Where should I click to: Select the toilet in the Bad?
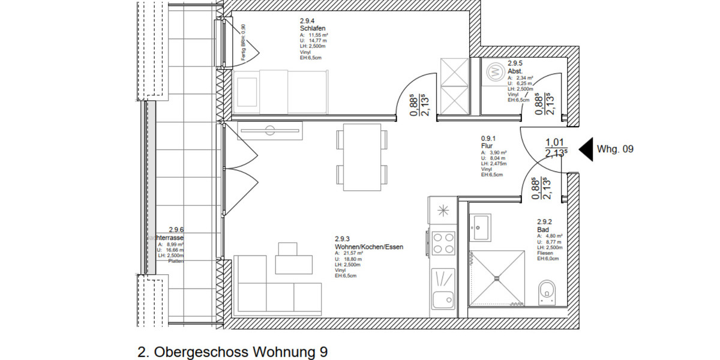coord(548,292)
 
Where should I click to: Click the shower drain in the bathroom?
coord(497,278)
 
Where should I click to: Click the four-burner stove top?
coord(443,244)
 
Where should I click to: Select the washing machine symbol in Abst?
coord(494,71)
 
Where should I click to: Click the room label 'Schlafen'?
coord(312,28)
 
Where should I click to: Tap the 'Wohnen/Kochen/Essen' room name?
coord(368,247)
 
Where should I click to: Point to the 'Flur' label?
coord(487,146)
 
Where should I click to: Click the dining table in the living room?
coord(360,155)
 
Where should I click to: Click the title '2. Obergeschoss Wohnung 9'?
coord(233,352)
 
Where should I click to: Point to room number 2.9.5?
coord(515,63)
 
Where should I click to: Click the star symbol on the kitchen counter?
coord(443,210)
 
